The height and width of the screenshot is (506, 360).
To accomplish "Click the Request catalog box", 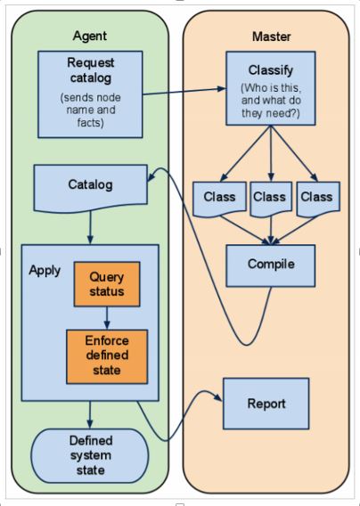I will [91, 94].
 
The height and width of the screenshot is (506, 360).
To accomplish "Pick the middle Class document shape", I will [270, 198].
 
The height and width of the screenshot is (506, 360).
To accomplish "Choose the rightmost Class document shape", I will [316, 198].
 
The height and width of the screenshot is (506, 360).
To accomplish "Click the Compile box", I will [270, 265].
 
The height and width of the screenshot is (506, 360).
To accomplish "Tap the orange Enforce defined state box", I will [106, 355].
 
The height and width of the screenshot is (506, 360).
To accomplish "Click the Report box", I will [266, 404].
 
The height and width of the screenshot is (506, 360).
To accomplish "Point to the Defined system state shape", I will [90, 455].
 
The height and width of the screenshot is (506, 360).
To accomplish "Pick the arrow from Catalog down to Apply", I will [90, 227].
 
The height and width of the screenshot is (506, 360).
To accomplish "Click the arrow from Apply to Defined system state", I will [90, 414].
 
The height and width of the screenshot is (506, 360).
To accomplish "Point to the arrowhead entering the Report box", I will [217, 398].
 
